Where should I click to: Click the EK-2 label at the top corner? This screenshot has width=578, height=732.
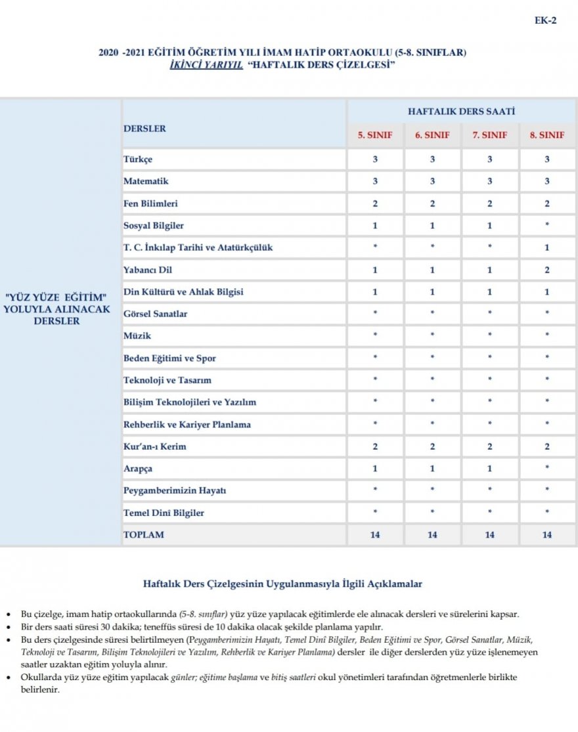[545, 20]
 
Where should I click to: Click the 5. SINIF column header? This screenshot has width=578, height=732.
[375, 135]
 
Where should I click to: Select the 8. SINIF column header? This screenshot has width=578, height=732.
[547, 135]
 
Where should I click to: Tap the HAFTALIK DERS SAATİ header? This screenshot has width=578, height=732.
[461, 112]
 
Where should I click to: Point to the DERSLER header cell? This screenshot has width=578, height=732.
[144, 129]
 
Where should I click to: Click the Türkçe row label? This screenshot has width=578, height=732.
[138, 160]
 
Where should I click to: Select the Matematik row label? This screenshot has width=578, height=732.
[146, 181]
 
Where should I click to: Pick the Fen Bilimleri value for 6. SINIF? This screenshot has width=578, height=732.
[432, 204]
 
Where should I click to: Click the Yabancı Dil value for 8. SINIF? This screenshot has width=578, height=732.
[547, 270]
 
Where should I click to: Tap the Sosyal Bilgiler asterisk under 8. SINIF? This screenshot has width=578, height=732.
[547, 225]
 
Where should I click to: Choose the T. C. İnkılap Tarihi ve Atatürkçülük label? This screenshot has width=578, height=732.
[198, 248]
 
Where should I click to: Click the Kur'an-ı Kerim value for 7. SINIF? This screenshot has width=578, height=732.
[490, 446]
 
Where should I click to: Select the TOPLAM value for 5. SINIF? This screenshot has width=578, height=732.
[375, 535]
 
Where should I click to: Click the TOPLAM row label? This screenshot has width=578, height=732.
[144, 535]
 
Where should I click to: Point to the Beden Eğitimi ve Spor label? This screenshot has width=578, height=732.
[169, 358]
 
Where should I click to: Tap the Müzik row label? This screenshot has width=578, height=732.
[137, 336]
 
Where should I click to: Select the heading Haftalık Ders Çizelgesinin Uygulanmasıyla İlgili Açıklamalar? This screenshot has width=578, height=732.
[282, 583]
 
